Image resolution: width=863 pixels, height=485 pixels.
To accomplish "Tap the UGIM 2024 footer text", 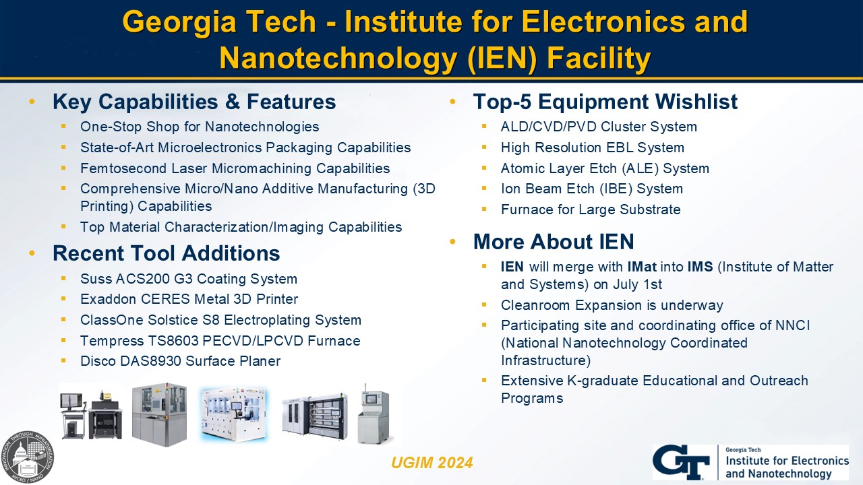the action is click(432, 463).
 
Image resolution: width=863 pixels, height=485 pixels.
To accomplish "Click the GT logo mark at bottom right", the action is click(681, 462).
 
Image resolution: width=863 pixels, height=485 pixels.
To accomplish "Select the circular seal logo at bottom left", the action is click(28, 457).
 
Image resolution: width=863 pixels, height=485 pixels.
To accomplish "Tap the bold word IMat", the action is click(643, 266).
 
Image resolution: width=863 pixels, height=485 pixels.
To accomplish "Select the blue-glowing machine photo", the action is click(233, 414).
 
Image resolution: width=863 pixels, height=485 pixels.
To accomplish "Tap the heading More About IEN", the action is click(554, 242).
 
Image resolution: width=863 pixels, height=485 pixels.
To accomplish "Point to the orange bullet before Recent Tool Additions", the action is click(32, 253).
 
